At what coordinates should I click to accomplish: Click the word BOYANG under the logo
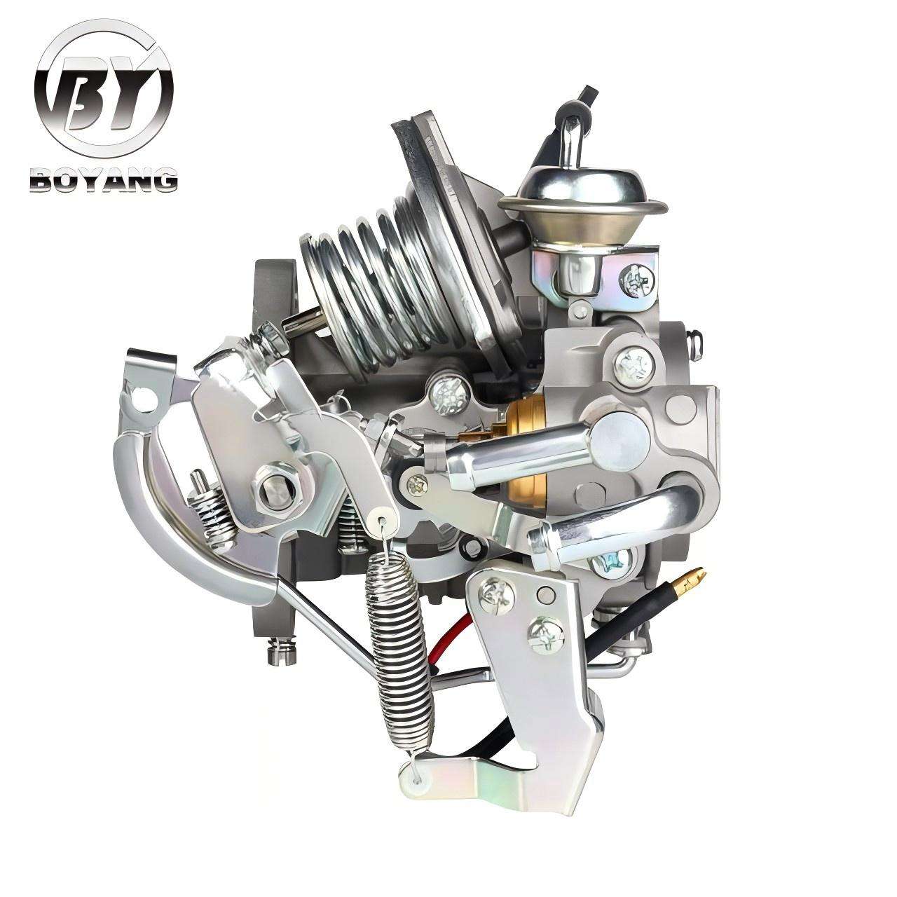103,180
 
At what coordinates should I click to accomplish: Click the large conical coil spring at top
364,273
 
